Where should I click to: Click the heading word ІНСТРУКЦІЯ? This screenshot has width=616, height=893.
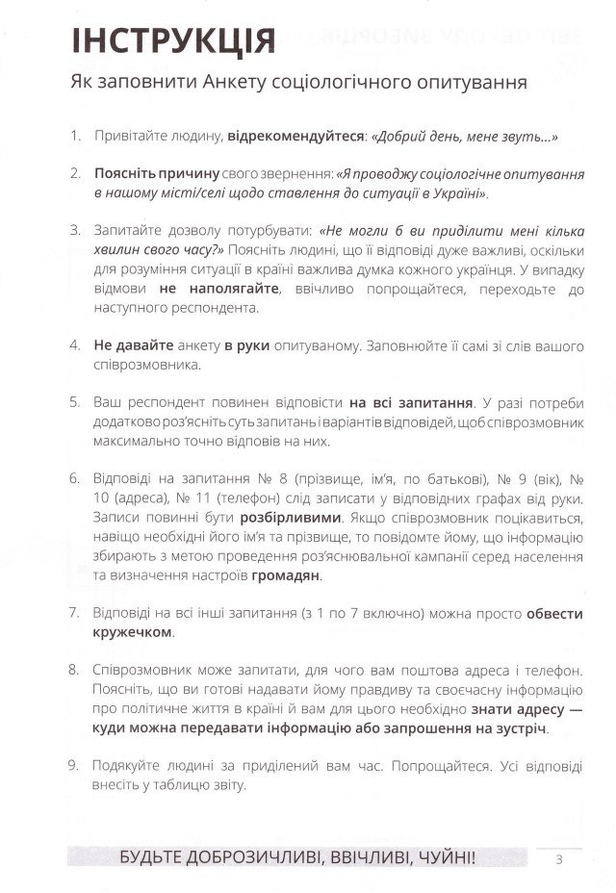click(172, 40)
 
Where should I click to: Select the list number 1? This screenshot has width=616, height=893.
click(75, 137)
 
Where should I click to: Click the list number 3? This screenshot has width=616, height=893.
click(75, 231)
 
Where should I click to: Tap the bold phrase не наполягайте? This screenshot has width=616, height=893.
click(219, 288)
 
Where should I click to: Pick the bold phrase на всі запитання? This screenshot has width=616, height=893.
click(411, 401)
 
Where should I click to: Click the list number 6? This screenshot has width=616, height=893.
click(75, 477)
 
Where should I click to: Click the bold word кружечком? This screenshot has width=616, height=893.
click(134, 632)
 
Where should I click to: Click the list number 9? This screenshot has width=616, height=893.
click(75, 765)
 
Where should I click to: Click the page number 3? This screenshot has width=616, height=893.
click(558, 859)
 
